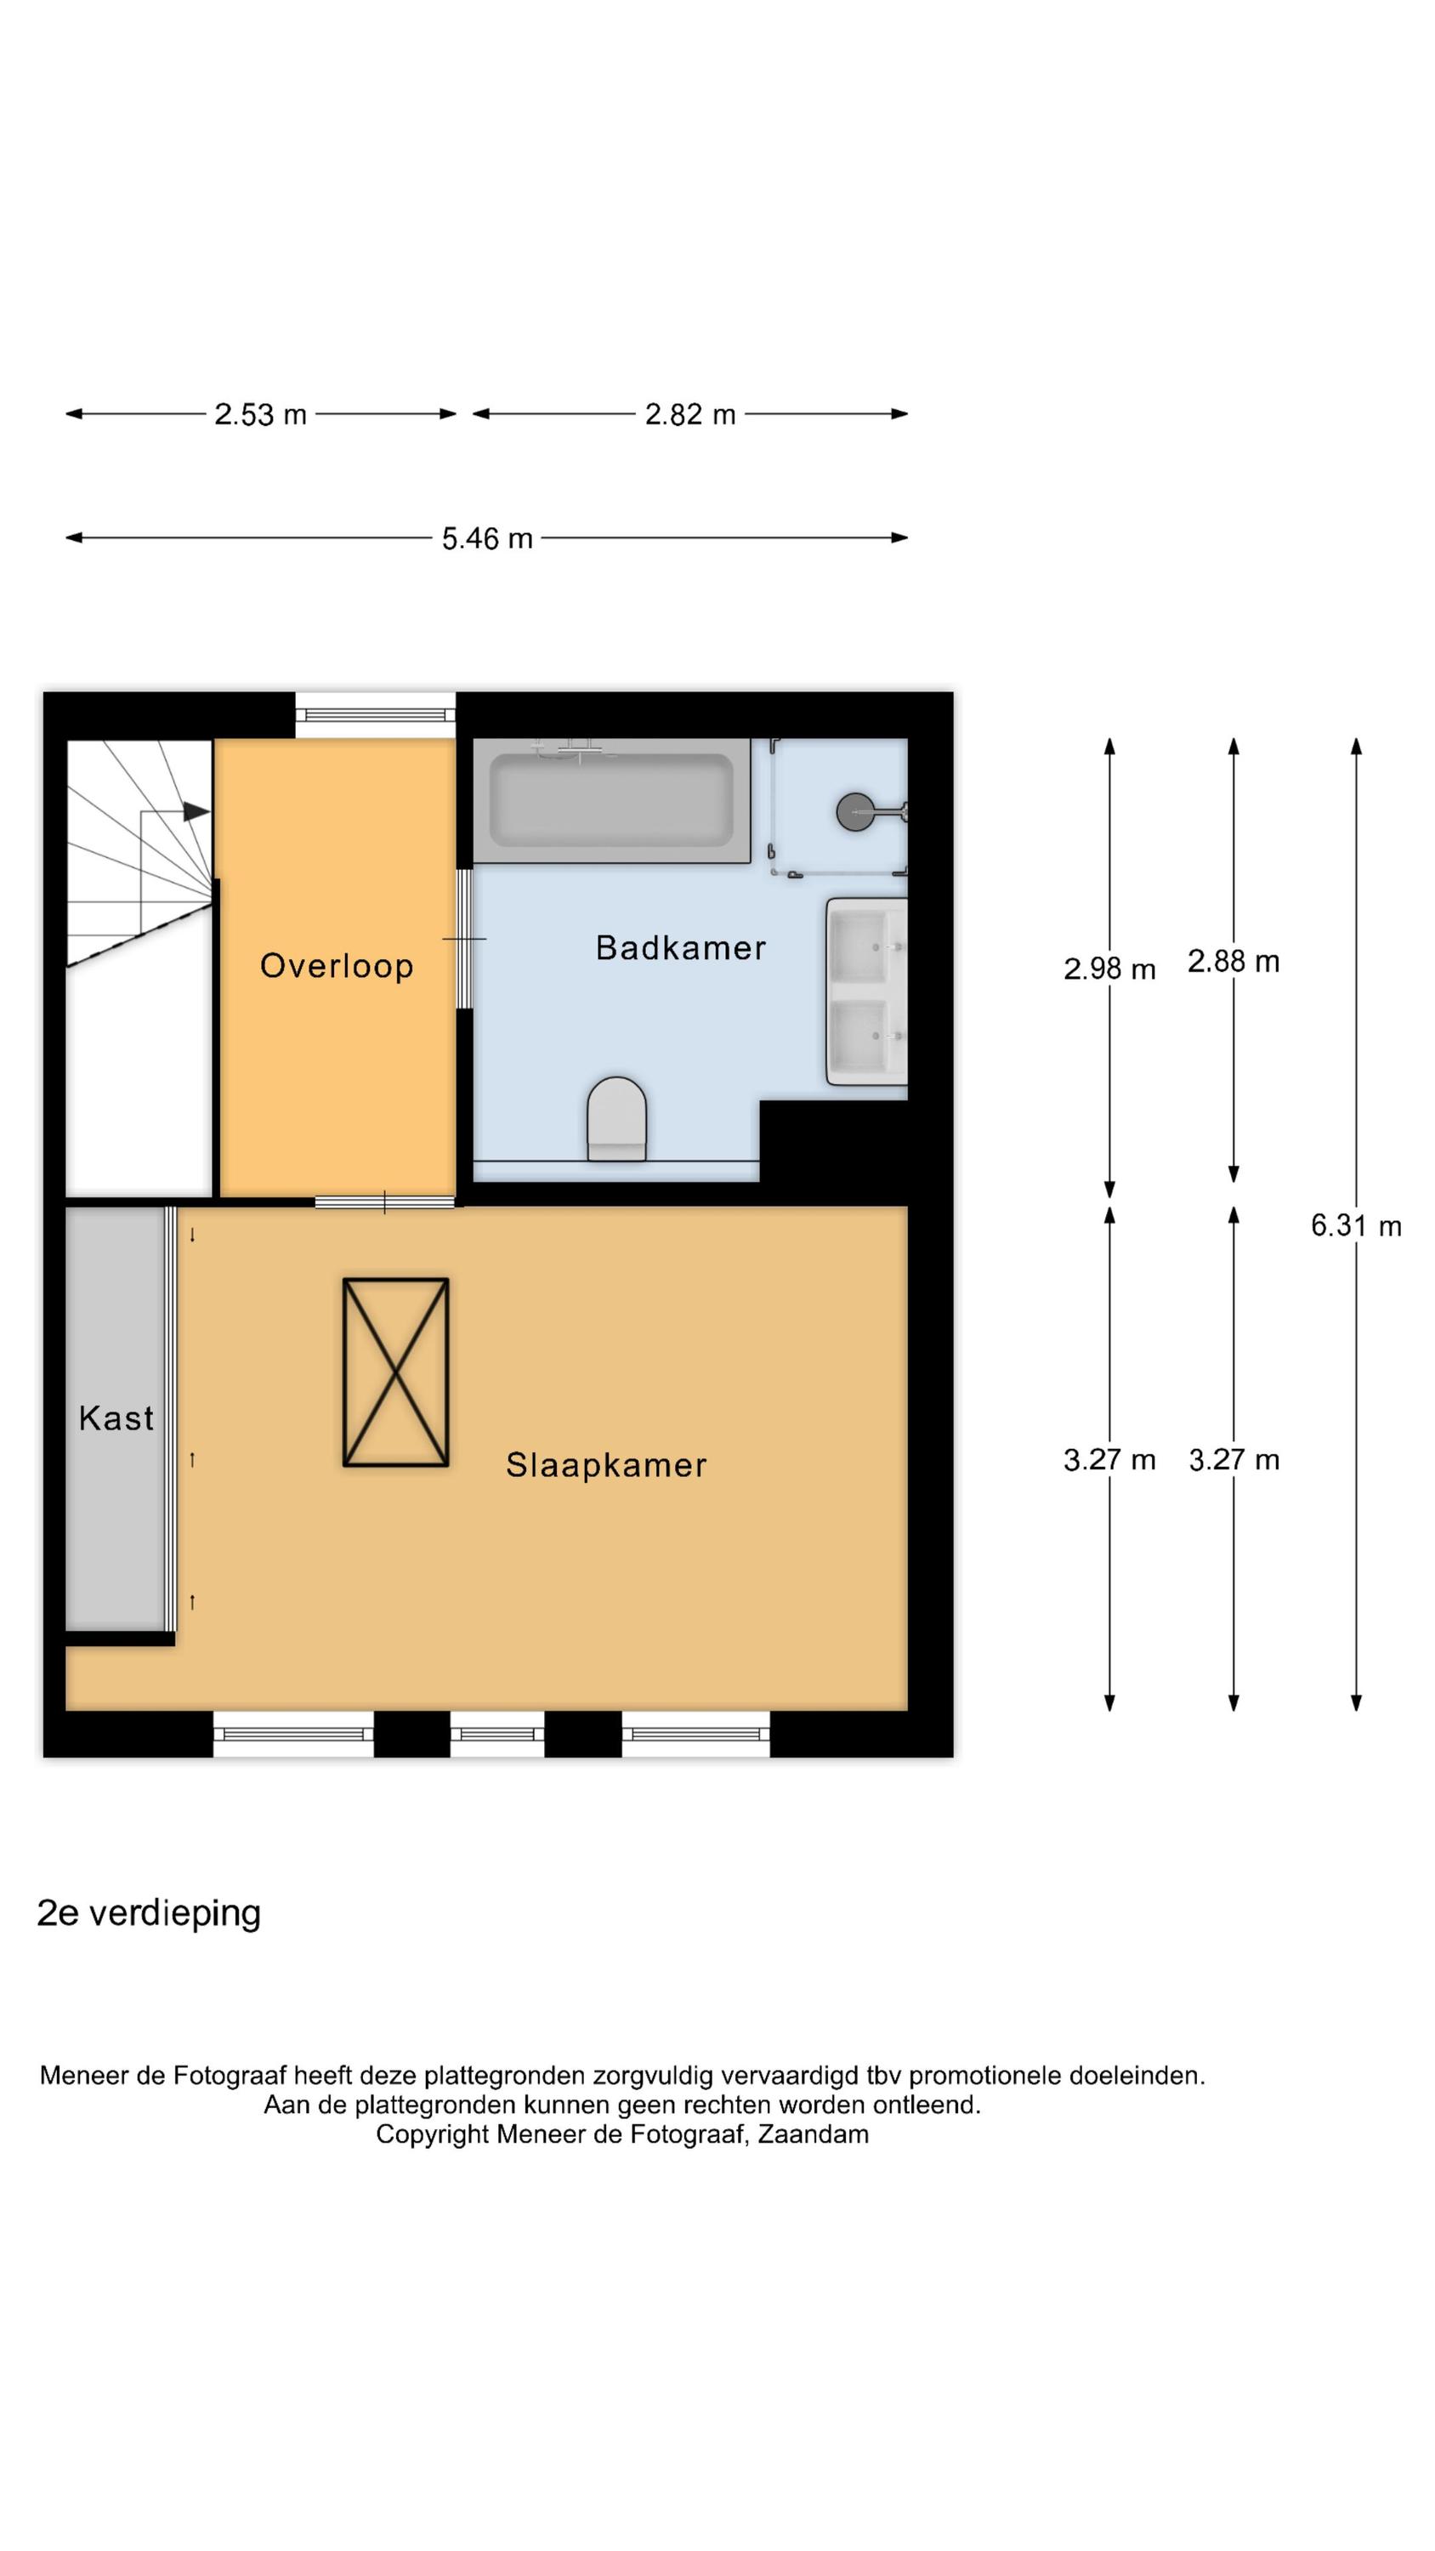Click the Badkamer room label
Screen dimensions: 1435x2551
coord(680,948)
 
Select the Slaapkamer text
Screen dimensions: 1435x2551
coord(606,1464)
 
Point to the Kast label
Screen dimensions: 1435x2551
coord(116,1418)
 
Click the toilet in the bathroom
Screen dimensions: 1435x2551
coord(617,1119)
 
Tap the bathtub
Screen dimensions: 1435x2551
coord(612,800)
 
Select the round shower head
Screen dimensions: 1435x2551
coord(854,812)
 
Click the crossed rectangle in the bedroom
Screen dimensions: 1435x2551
coord(396,1372)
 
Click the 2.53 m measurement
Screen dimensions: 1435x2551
coord(260,415)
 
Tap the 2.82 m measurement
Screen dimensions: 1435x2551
coord(690,415)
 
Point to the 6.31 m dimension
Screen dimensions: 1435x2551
coord(1356,1226)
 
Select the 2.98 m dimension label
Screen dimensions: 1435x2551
coord(1109,969)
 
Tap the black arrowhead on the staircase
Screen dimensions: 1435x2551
coord(197,812)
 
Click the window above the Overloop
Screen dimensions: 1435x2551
coord(376,715)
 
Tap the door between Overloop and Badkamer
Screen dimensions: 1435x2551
coord(464,939)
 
